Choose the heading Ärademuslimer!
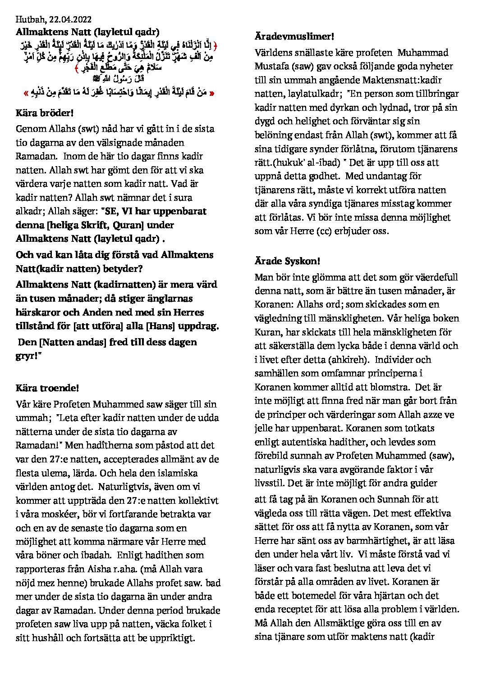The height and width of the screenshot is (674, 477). click(x=294, y=36)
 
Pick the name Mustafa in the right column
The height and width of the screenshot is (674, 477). click(x=273, y=66)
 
